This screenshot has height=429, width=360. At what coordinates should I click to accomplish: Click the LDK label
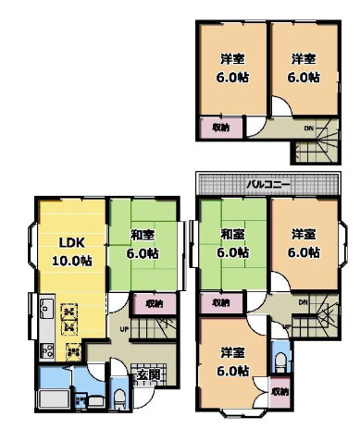pos(73,243)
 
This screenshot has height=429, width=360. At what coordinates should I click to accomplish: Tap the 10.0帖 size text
pos(73,261)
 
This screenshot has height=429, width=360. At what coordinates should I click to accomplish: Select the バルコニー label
pos(268,183)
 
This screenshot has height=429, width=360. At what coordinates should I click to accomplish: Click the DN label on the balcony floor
pos(303,302)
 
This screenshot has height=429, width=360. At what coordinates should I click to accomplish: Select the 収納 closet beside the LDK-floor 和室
pos(153,302)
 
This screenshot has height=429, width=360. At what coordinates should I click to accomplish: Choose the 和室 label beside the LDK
pos(142,235)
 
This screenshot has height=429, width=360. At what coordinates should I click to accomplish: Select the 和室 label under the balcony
pos(231,235)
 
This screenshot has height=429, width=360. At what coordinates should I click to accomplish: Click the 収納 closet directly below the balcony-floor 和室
pos(219,302)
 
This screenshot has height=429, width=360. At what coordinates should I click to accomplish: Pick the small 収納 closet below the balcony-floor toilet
pos(279,392)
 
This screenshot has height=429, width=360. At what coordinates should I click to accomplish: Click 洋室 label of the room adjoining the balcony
pos(304,235)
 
